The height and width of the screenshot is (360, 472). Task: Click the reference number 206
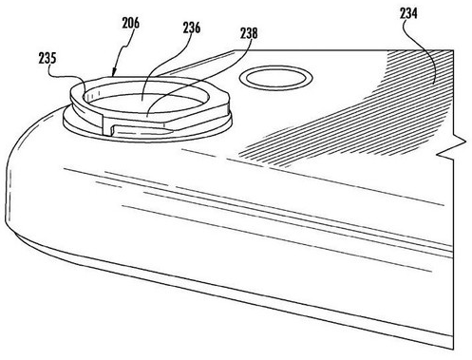[x=131, y=23]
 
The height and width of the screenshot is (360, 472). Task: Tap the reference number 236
[x=192, y=28]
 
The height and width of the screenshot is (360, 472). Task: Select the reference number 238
[x=249, y=33]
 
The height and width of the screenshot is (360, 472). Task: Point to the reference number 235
[x=47, y=58]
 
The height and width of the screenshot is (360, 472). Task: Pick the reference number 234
[x=408, y=13]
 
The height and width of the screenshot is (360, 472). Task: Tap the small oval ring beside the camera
[x=276, y=78]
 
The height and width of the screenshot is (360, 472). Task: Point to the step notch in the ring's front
[x=107, y=126]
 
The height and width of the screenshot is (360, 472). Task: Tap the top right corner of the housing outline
[x=454, y=50]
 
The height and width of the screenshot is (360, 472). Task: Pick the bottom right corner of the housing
[x=452, y=349]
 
